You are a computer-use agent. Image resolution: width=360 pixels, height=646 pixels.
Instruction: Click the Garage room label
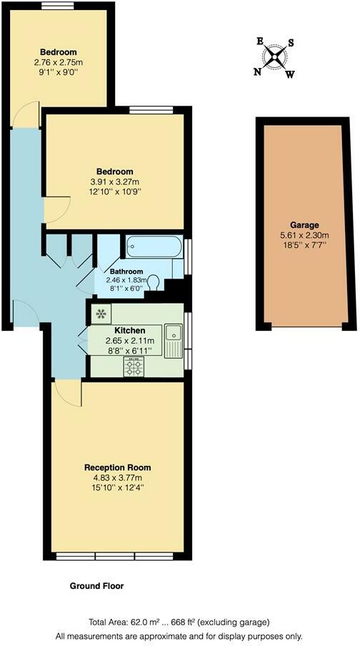coord(305,224)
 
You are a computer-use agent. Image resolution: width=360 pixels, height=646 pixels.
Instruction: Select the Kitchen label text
coord(130,331)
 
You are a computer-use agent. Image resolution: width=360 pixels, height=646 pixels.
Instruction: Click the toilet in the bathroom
coord(154,283)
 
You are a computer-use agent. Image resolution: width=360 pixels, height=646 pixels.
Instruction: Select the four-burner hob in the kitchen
coord(134,367)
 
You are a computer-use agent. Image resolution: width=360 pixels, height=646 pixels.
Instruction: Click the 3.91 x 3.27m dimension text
coord(116,182)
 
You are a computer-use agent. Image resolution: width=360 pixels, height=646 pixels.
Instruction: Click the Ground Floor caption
coord(96,586)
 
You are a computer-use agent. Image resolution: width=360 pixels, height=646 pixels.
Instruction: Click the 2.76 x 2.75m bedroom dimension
coord(59,63)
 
